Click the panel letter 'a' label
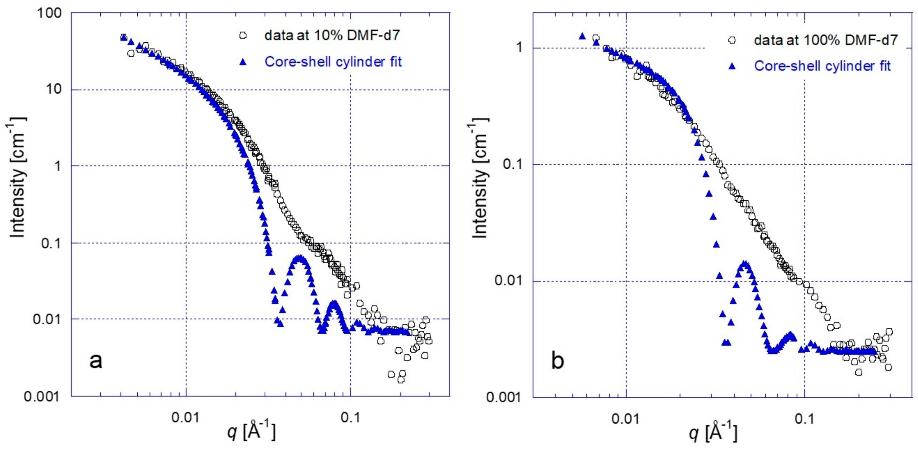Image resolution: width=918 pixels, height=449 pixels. click(96, 361)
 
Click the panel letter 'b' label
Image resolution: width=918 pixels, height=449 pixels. click(558, 361)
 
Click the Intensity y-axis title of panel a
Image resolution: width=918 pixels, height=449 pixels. click(17, 176)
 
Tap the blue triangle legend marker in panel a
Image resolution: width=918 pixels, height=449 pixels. click(243, 62)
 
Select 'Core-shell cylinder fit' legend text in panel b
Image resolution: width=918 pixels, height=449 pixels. click(822, 66)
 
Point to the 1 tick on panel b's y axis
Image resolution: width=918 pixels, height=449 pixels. click(519, 48)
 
